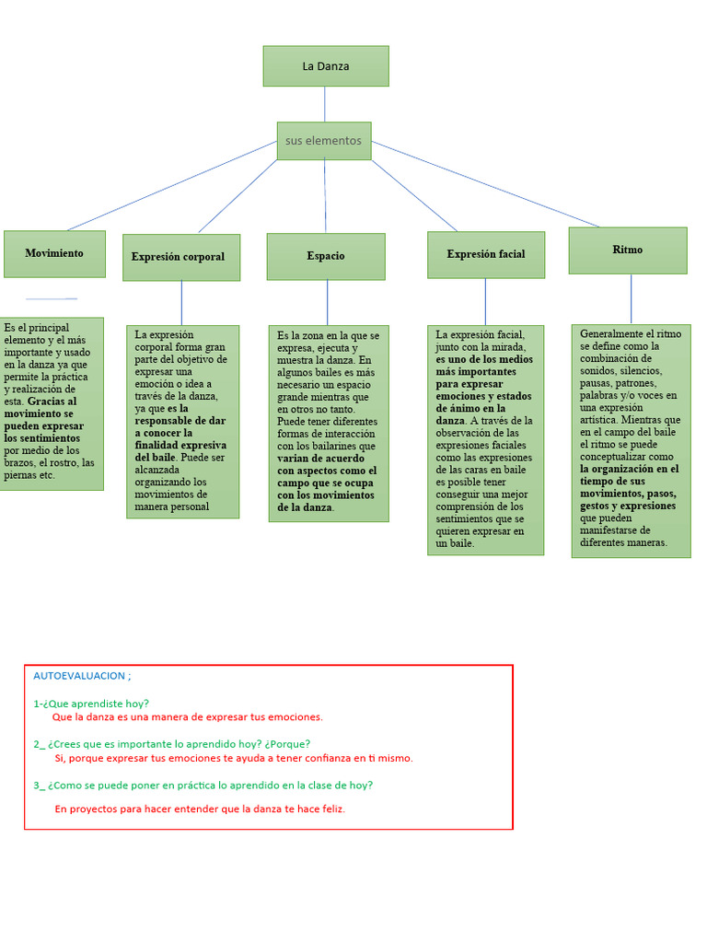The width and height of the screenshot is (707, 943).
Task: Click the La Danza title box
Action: (x=326, y=66)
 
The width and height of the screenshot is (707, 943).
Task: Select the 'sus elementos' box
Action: (x=324, y=141)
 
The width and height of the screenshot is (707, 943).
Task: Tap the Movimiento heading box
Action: (x=54, y=253)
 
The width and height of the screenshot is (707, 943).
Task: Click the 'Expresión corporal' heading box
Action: (x=180, y=257)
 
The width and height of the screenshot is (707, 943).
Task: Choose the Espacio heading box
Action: (x=326, y=256)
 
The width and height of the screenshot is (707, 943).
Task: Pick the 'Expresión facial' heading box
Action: (x=486, y=254)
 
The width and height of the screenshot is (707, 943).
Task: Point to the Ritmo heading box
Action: (x=628, y=250)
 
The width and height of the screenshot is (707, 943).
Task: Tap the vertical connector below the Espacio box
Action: (x=327, y=302)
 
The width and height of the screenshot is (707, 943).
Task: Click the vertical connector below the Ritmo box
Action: (x=631, y=298)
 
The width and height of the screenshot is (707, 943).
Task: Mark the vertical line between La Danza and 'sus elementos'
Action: (x=326, y=104)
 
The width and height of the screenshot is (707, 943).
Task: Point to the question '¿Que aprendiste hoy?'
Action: (x=97, y=704)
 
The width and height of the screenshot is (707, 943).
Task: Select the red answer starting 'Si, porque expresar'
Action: (x=234, y=758)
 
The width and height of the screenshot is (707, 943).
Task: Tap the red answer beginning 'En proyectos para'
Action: (x=200, y=809)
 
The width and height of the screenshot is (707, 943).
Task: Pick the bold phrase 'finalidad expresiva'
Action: (x=180, y=445)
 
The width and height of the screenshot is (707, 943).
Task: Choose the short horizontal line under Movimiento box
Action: (x=52, y=298)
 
